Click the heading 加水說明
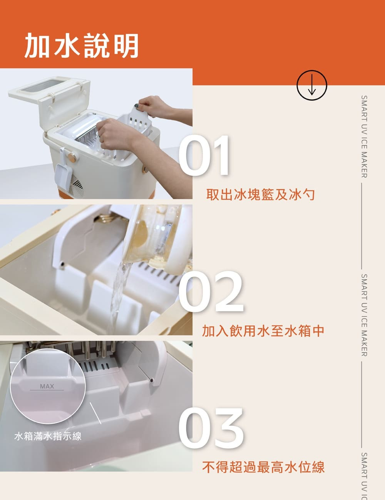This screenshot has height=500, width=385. pyautogui.click(x=82, y=45)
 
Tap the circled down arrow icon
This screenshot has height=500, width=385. pyautogui.click(x=312, y=85)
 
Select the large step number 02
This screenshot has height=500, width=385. pyautogui.click(x=211, y=291)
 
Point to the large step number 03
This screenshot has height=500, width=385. pyautogui.click(x=211, y=428)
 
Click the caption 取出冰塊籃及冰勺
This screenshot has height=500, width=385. pyautogui.click(x=260, y=195)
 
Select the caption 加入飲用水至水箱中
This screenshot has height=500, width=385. pyautogui.click(x=263, y=331)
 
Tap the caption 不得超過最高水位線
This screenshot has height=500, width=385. pyautogui.click(x=263, y=467)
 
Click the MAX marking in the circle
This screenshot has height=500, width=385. pyautogui.click(x=47, y=386)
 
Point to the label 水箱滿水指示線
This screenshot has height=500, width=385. pyautogui.click(x=48, y=436)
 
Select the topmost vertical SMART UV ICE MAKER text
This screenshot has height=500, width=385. pyautogui.click(x=364, y=137)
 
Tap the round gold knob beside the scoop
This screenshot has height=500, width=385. pyautogui.click(x=72, y=157)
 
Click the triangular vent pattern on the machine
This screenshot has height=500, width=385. pyautogui.click(x=77, y=184)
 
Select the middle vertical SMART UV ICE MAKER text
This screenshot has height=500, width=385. pyautogui.click(x=364, y=315)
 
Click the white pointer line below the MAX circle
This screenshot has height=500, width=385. pyautogui.click(x=95, y=413)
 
